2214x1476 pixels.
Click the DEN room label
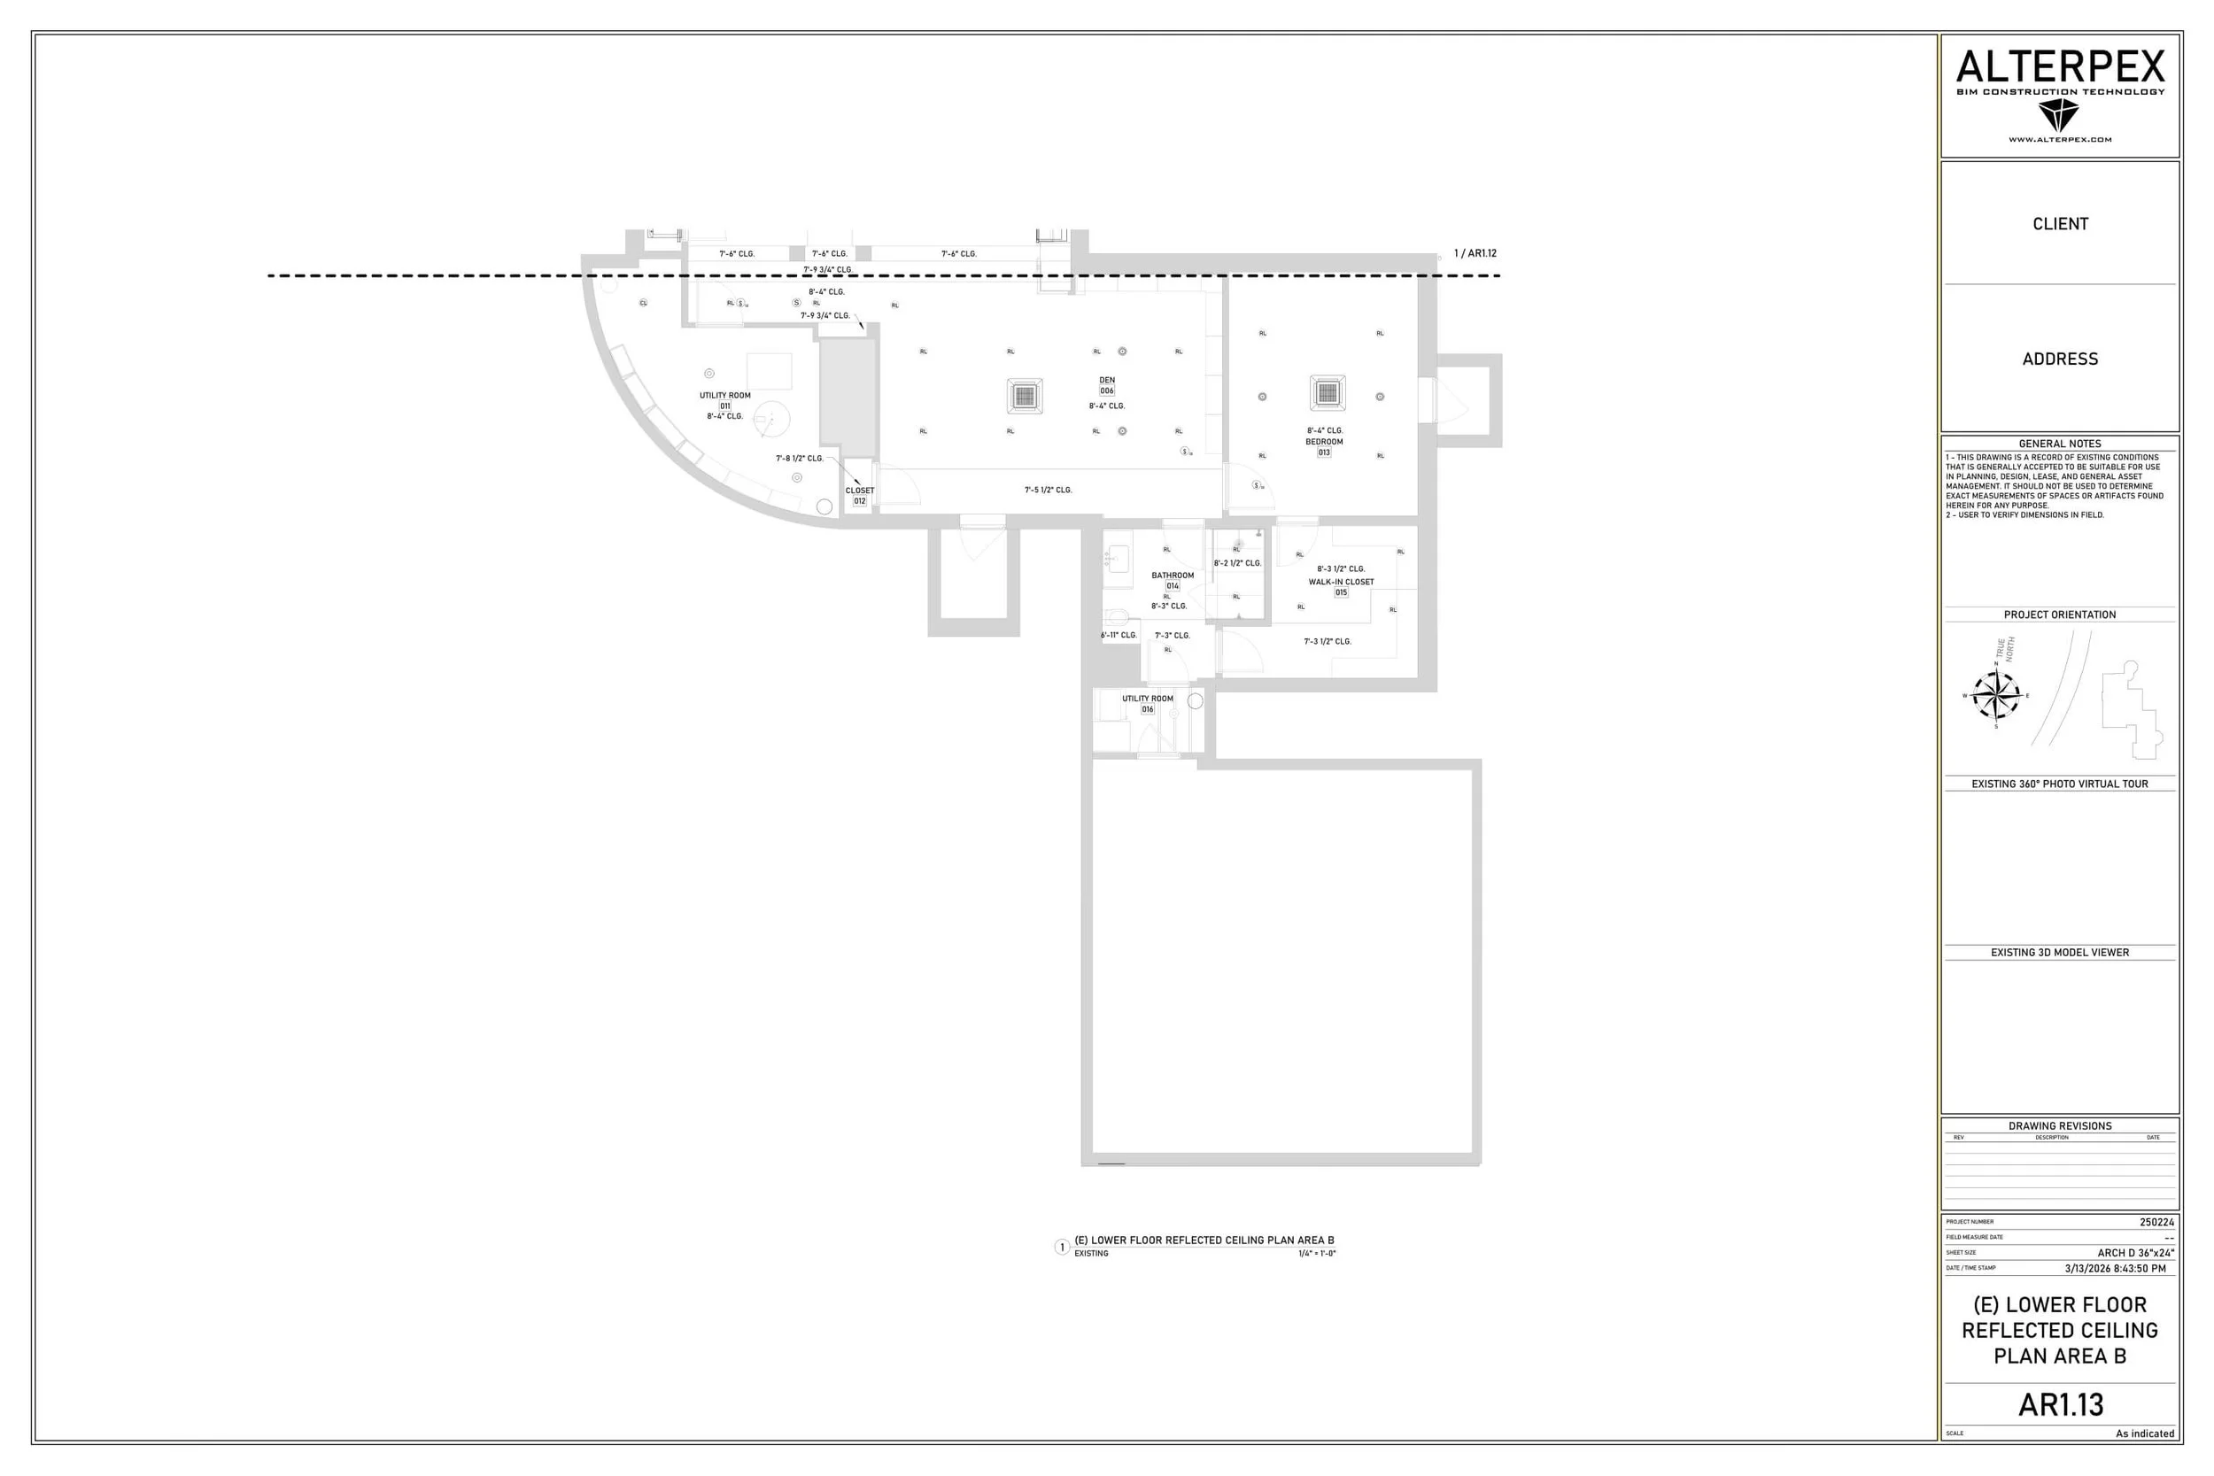(1107, 381)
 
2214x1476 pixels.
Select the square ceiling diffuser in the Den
(1024, 397)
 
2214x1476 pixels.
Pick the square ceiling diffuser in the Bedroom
(1328, 392)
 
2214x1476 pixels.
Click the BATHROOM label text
(1172, 576)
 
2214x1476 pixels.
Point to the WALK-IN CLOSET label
(1341, 582)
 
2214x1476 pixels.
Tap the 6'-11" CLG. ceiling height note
(1119, 636)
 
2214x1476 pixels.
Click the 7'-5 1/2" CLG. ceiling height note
(1048, 491)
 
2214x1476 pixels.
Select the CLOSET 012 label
(859, 496)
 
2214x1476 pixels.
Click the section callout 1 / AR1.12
(1475, 253)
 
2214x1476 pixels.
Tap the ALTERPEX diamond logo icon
(2059, 116)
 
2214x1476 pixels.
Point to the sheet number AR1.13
(2061, 1404)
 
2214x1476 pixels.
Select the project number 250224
(2156, 1223)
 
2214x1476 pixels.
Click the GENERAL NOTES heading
(2060, 444)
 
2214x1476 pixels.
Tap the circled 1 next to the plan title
(1062, 1248)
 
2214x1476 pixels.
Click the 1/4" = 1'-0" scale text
(1317, 1254)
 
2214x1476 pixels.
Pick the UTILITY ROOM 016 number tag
(1148, 710)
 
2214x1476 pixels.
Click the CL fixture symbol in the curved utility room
(644, 303)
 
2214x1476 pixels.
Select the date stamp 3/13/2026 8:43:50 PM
(2115, 1268)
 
